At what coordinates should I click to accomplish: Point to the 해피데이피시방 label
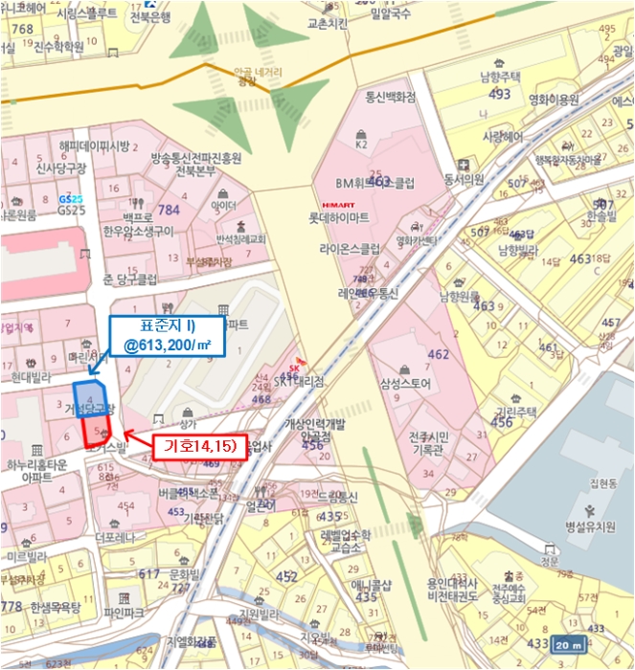93,146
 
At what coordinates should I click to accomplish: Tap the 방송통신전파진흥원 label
195,158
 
